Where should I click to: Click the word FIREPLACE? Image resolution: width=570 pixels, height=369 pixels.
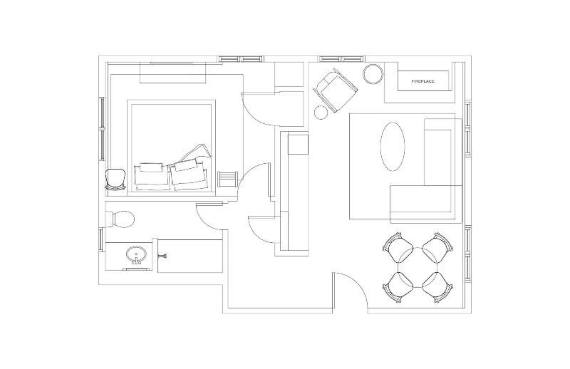pos(423,81)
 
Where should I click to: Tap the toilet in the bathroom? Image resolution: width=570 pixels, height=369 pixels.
pos(120,219)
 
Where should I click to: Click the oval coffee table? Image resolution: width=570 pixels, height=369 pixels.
pos(393,147)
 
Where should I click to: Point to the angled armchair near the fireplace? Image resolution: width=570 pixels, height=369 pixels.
pos(335,90)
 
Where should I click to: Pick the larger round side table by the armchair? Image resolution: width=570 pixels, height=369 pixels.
pos(373,74)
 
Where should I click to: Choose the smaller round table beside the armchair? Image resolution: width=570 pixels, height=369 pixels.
pos(321,113)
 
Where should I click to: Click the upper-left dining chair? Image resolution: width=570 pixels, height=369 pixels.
pos(398,248)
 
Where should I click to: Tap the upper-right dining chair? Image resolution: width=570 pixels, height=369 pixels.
pos(437,248)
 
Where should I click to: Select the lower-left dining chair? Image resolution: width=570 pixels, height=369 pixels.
pos(398,286)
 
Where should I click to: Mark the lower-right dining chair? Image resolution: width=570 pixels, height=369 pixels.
pos(437,286)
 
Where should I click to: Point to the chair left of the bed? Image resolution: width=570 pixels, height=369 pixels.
pos(115,180)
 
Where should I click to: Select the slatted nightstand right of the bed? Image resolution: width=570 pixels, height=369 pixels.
pos(227,179)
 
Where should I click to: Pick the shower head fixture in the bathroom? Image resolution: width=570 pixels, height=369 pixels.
pos(162,256)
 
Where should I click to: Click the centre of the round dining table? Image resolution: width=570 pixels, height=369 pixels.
pos(418,267)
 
